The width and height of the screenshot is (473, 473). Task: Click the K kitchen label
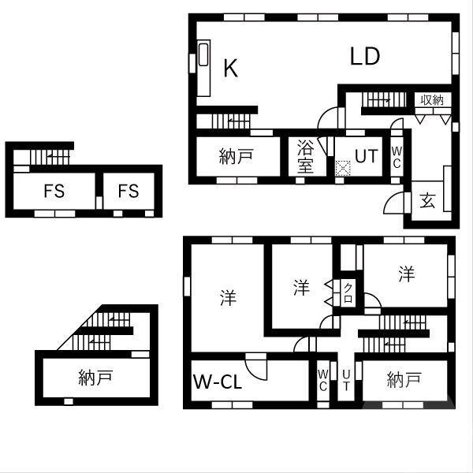(230, 69)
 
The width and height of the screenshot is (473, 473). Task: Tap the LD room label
(365, 57)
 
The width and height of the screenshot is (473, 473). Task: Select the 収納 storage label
(432, 100)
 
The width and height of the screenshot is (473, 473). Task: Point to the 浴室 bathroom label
(306, 155)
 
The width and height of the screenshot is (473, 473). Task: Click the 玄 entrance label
(427, 200)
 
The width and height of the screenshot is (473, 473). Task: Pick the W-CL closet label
(218, 382)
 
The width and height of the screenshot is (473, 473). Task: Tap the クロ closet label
(348, 293)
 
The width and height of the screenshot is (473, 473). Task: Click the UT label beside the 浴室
(366, 155)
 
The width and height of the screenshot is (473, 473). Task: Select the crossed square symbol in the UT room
(343, 167)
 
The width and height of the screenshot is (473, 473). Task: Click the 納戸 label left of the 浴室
(235, 156)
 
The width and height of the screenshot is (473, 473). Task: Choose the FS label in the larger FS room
(54, 191)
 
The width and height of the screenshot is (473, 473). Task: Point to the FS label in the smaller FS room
(128, 191)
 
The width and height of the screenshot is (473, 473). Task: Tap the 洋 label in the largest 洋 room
(228, 298)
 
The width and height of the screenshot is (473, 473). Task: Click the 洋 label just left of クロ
(301, 288)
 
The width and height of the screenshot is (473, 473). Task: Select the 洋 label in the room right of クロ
(406, 274)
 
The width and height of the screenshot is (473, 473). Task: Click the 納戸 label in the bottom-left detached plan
(96, 378)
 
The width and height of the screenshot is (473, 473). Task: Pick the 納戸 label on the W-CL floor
(404, 382)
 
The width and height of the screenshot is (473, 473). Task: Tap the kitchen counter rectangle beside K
(203, 69)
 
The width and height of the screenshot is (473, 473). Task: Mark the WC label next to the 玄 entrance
(397, 156)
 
